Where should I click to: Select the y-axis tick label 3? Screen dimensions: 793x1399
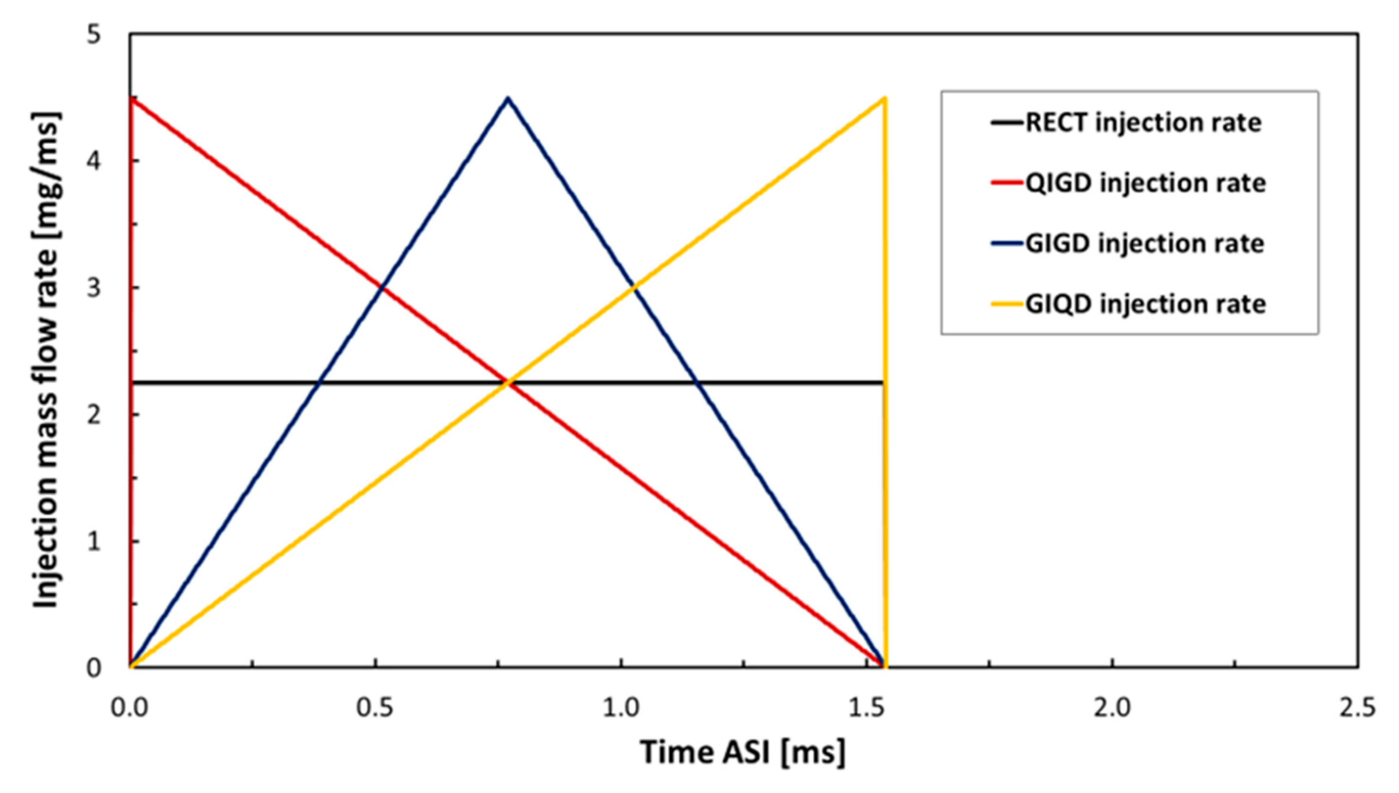[x=95, y=287]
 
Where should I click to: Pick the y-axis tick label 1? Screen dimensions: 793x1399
[x=95, y=541]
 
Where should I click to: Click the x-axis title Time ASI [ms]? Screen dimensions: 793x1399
[x=743, y=752]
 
